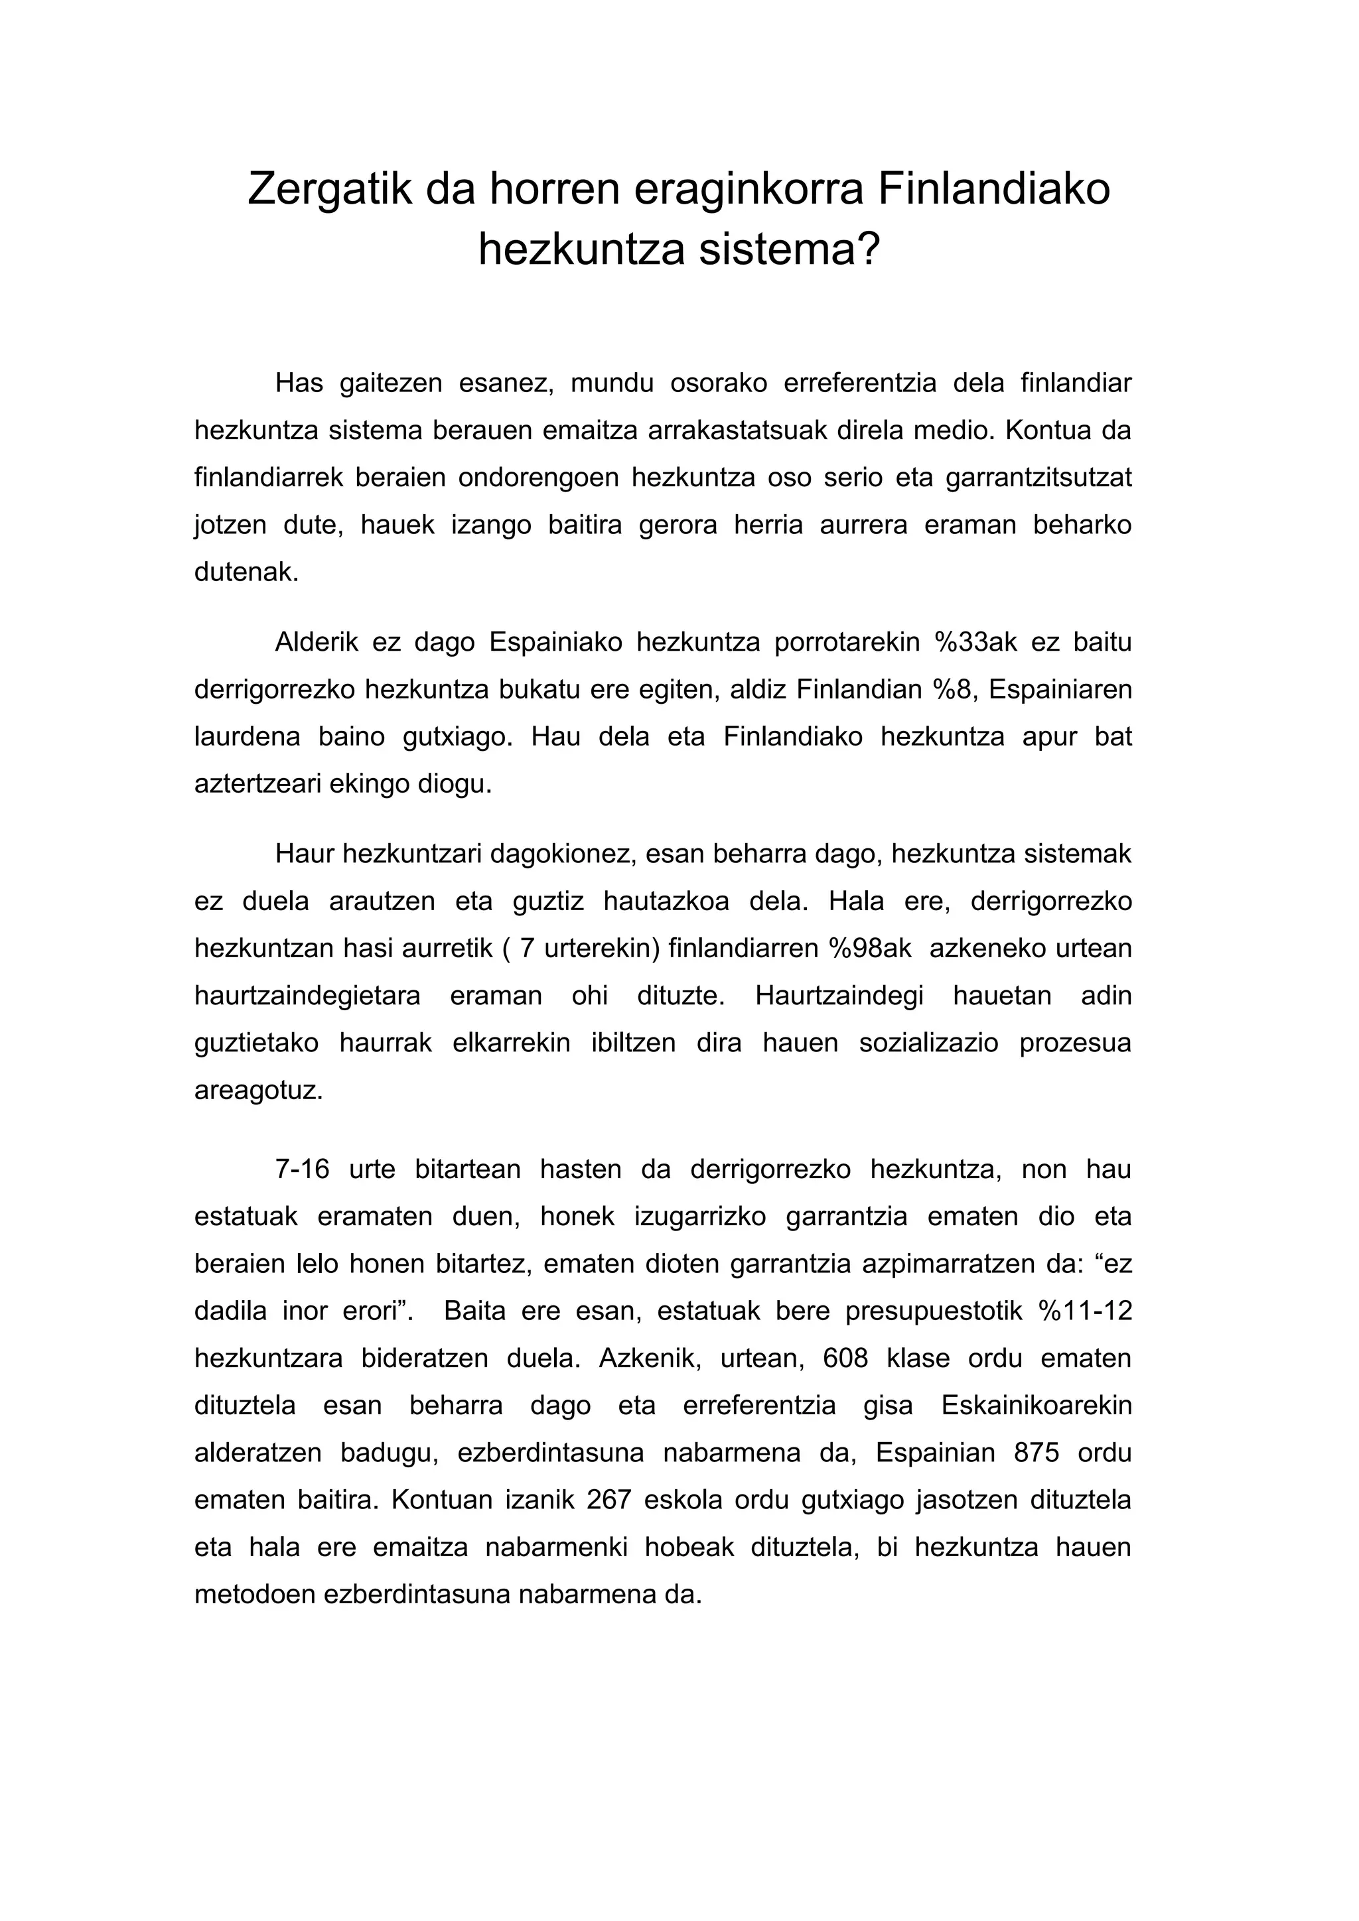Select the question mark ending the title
869,249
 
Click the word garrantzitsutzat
1038,478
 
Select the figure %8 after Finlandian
954,689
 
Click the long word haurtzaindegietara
307,996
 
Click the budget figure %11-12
1086,1310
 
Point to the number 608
845,1357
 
